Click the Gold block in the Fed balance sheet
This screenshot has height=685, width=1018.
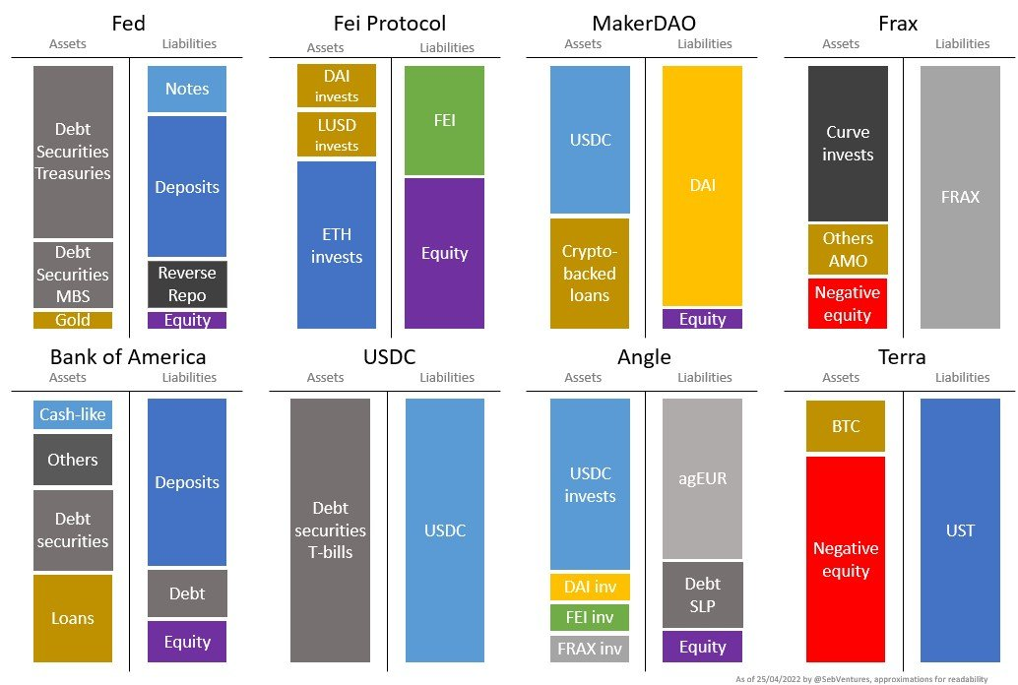pos(73,320)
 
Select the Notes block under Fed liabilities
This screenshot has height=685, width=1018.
pos(187,89)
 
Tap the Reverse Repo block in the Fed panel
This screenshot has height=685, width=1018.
pos(187,283)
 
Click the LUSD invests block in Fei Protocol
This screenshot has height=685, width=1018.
pos(337,135)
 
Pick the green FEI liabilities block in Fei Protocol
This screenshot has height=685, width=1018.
pos(444,120)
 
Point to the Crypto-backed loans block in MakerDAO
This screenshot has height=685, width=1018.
pos(590,274)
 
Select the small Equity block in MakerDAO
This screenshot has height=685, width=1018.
pos(702,319)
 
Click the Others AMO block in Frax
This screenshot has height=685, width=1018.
pos(848,249)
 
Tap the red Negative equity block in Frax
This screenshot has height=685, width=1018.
pos(848,303)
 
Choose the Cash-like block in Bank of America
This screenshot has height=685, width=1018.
pos(73,414)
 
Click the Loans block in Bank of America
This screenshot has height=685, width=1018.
pos(73,618)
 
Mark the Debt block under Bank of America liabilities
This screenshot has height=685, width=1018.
pos(187,593)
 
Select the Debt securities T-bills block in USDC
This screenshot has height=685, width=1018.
pos(330,530)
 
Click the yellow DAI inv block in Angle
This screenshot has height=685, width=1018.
pos(590,588)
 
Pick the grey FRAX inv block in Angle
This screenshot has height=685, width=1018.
pos(590,649)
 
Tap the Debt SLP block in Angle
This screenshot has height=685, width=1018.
pos(702,594)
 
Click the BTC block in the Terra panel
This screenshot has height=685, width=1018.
pos(846,425)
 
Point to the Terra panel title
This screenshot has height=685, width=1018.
pos(902,356)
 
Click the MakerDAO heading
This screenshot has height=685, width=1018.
pos(645,23)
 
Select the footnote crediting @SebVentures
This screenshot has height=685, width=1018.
pos(874,679)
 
